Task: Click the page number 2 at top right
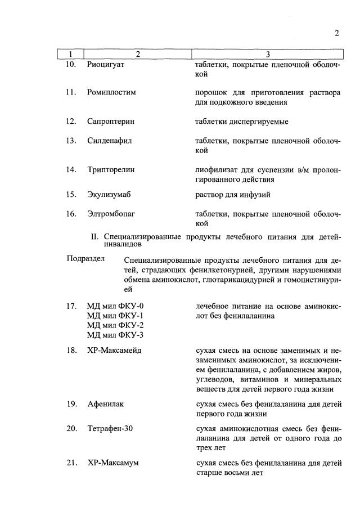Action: tap(336, 33)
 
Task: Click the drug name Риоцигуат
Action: tap(106, 65)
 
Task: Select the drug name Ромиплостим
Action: tap(112, 92)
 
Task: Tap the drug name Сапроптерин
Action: tap(111, 121)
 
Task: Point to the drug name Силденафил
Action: tap(109, 141)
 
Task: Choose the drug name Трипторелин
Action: tap(111, 169)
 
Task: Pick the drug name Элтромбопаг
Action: tap(111, 214)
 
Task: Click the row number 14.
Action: tap(70, 169)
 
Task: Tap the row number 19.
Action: tap(70, 405)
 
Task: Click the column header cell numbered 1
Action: tap(70, 54)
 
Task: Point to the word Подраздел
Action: tap(86, 259)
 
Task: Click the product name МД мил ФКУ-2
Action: tap(115, 326)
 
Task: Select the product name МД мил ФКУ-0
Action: tap(115, 306)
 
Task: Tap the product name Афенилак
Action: tap(106, 405)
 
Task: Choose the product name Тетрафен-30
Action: tap(110, 429)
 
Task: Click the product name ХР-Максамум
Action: tap(113, 463)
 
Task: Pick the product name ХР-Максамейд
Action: tap(114, 351)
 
